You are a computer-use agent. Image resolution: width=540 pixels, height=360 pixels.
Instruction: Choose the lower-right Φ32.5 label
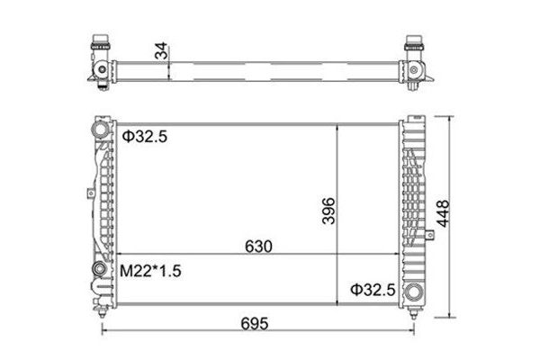pos(371,290)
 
